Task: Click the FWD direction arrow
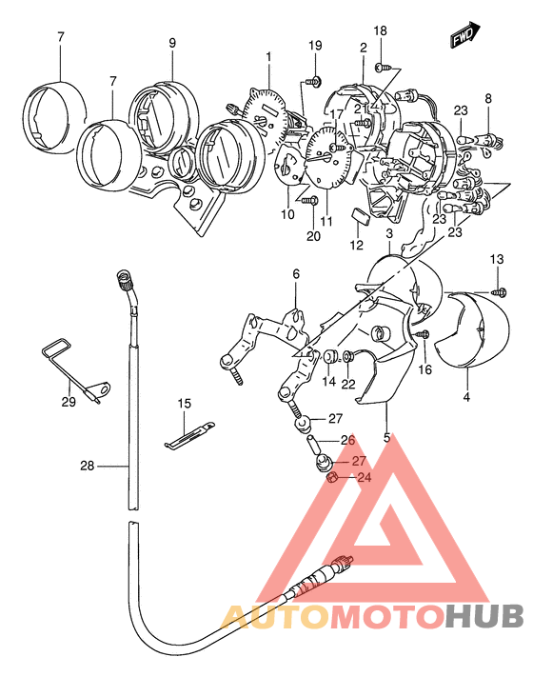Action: click(464, 37)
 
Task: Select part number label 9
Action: click(172, 43)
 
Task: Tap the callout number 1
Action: click(268, 56)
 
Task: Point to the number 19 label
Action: click(315, 47)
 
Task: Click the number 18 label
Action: click(380, 31)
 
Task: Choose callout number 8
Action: click(488, 98)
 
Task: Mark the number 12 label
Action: click(356, 245)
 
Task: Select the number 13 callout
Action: click(497, 260)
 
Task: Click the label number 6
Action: click(296, 274)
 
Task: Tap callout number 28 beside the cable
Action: click(89, 467)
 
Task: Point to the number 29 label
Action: click(68, 402)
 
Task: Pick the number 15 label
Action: click(184, 404)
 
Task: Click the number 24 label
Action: click(364, 478)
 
